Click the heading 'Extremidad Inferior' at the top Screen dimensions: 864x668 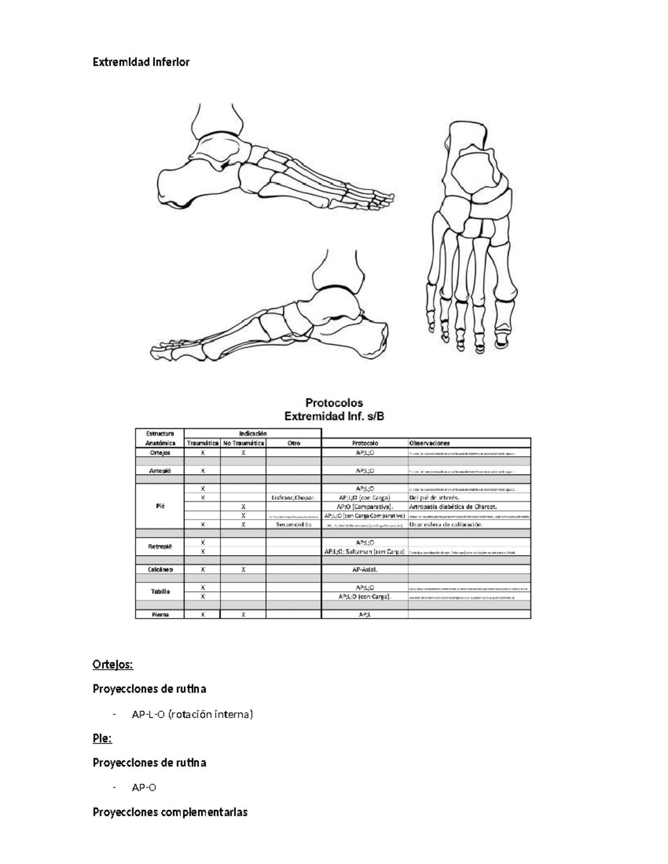(141, 62)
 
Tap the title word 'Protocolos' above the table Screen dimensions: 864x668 (334, 402)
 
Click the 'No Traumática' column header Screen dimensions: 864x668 (243, 443)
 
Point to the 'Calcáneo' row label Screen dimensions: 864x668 (160, 570)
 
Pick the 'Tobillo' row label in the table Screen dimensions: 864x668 (160, 592)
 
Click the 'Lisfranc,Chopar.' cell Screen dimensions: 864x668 (293, 498)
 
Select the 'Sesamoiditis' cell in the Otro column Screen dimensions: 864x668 (293, 525)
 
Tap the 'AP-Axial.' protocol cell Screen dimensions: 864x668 (365, 570)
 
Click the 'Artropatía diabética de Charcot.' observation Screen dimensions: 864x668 (453, 507)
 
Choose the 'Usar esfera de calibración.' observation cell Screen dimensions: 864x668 (446, 525)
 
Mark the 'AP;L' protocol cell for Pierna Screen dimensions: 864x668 (365, 615)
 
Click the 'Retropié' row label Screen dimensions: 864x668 (160, 547)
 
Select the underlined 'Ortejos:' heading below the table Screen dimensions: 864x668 (112, 665)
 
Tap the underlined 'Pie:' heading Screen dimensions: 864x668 (102, 739)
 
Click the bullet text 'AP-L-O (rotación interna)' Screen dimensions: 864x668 (192, 714)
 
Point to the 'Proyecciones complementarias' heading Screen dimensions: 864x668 (170, 812)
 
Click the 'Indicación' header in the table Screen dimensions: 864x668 (253, 433)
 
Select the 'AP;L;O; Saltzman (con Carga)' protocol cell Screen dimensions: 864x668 (365, 552)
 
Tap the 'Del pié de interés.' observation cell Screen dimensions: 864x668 (434, 498)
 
